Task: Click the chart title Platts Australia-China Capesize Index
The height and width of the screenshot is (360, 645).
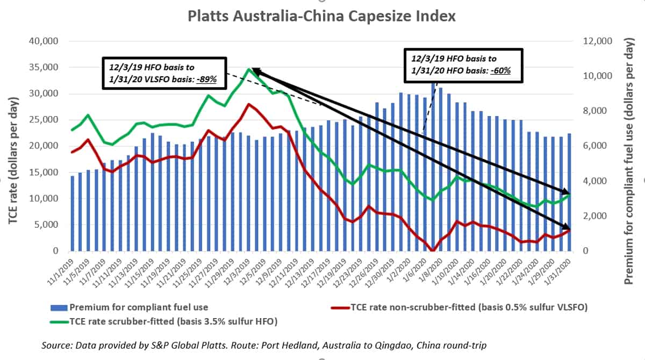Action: tap(321, 16)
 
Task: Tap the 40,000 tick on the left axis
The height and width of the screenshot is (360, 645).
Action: tap(45, 41)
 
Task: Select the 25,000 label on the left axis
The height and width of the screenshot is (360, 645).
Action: tap(45, 120)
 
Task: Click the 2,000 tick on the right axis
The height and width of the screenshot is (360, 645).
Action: tap(596, 216)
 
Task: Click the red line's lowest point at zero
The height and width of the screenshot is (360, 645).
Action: tap(433, 250)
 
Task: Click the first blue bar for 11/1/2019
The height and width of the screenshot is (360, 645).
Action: tap(73, 213)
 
